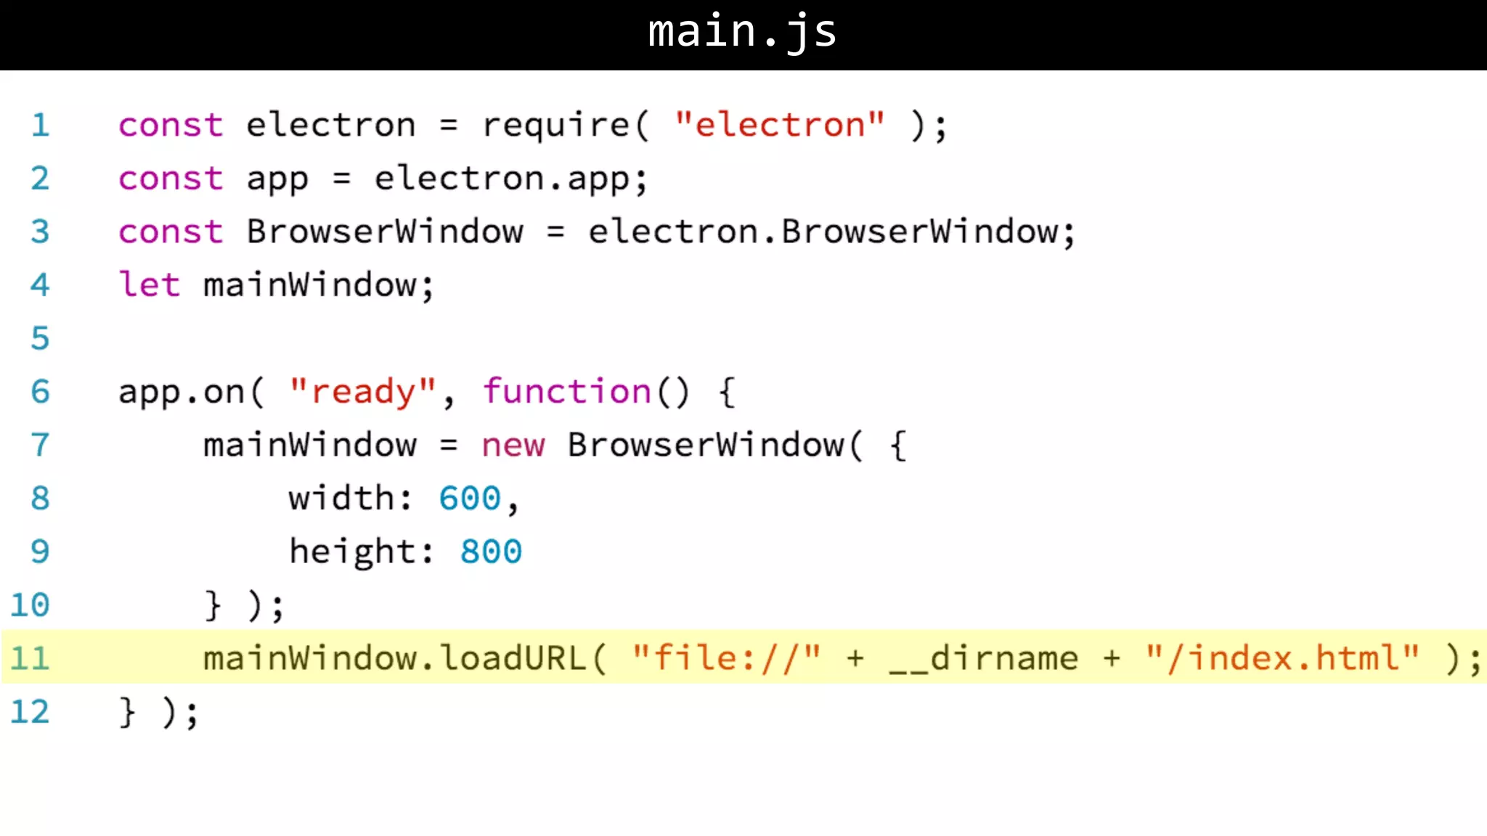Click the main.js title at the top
(742, 32)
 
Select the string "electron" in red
(779, 125)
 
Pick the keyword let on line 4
(149, 284)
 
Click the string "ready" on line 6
(362, 392)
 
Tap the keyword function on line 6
(567, 392)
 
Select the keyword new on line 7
(513, 445)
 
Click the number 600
(470, 499)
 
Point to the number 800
(491, 552)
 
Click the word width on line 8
(341, 499)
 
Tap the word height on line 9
(352, 552)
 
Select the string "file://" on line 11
(726, 658)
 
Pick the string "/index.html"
(1282, 658)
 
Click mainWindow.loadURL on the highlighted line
(394, 658)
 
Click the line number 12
(30, 712)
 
